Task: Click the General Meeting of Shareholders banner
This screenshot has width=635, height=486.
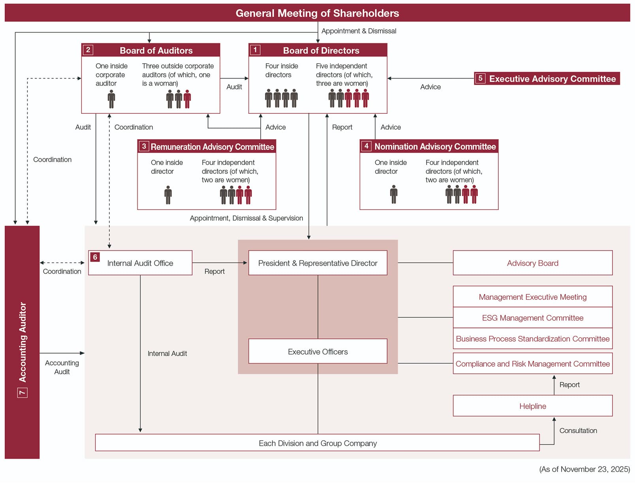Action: [317, 13]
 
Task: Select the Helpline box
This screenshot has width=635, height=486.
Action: [532, 406]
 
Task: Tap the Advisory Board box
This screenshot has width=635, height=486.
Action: [532, 263]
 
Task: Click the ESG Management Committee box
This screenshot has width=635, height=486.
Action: [532, 318]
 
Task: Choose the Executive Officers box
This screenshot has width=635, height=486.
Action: [317, 351]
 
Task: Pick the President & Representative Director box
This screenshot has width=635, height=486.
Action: [317, 263]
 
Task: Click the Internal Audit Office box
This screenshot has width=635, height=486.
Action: [140, 263]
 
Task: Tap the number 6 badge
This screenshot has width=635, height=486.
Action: [95, 257]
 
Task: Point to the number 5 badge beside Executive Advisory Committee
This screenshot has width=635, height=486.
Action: [480, 78]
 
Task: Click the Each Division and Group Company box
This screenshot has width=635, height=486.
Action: [317, 443]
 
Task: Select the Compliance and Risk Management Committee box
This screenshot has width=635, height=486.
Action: [532, 364]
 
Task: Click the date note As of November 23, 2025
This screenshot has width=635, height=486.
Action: [584, 469]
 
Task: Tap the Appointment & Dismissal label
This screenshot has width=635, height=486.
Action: [359, 31]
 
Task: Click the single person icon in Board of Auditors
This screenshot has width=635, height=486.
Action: [111, 99]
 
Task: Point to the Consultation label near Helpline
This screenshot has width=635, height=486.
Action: [578, 430]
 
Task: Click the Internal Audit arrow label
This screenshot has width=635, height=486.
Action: [167, 353]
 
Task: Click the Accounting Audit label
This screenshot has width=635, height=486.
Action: [62, 367]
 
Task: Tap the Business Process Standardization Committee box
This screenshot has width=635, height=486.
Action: [532, 339]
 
